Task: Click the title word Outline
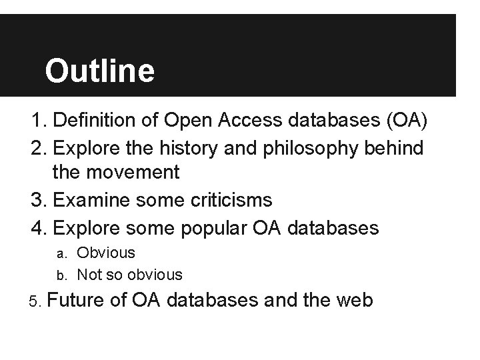[x=99, y=70]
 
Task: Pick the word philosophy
[x=311, y=148]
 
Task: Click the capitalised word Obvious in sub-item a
[x=106, y=253]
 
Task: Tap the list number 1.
[x=37, y=122]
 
